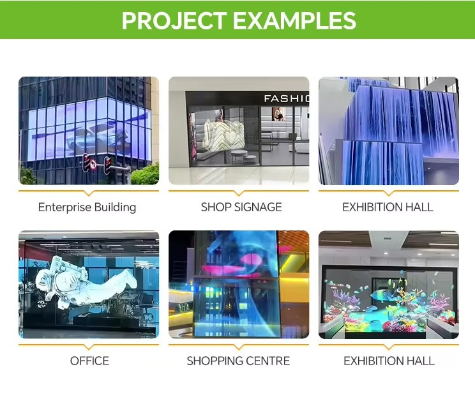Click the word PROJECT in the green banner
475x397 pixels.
coord(174,20)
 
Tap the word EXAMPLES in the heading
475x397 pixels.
coord(294,20)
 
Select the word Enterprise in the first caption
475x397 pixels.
coord(64,207)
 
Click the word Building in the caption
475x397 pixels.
coord(115,207)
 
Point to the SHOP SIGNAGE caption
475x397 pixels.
coord(241,207)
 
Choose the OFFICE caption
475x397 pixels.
coord(89,361)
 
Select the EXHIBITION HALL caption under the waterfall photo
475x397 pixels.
coord(388,207)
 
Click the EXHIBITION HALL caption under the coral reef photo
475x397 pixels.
coord(389,361)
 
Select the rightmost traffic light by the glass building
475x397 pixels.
coord(107,165)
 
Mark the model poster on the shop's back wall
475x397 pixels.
coord(279,114)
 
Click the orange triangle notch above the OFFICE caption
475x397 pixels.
coord(89,347)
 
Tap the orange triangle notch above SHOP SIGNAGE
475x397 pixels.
coord(239,193)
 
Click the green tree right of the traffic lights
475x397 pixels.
coord(145,174)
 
